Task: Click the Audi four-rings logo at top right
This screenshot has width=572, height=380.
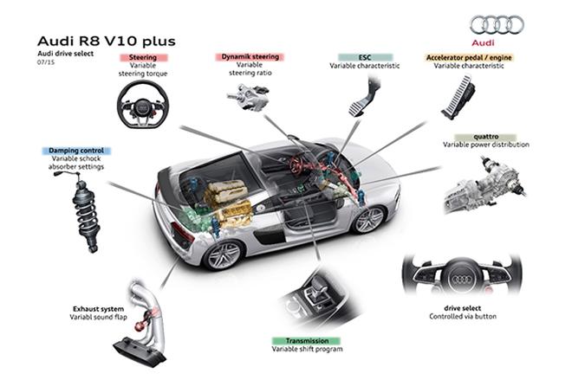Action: (x=497, y=25)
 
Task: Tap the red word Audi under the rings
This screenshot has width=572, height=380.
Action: (x=483, y=42)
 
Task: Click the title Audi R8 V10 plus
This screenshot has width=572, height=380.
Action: (x=106, y=42)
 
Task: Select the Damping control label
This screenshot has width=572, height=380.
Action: (x=76, y=151)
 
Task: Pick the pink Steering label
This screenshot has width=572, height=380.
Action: (x=143, y=57)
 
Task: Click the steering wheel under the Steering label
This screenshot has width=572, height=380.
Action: (x=143, y=104)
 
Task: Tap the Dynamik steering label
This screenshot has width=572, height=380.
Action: (x=250, y=57)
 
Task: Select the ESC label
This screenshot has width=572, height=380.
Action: (x=365, y=57)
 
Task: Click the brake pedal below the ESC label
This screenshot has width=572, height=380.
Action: (x=362, y=97)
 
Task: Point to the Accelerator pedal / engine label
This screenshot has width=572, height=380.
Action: (x=469, y=58)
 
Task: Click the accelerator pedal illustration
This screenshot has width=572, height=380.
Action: (x=458, y=97)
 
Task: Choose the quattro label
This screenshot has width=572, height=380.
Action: (x=486, y=137)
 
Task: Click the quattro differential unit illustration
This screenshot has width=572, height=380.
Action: (x=485, y=184)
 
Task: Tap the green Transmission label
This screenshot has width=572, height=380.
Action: (x=307, y=341)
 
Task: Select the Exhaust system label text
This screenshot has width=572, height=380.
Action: (x=99, y=309)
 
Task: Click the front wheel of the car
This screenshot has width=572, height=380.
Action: (x=369, y=219)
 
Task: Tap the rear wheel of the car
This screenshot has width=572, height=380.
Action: (x=224, y=254)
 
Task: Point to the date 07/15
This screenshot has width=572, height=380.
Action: (x=46, y=62)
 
